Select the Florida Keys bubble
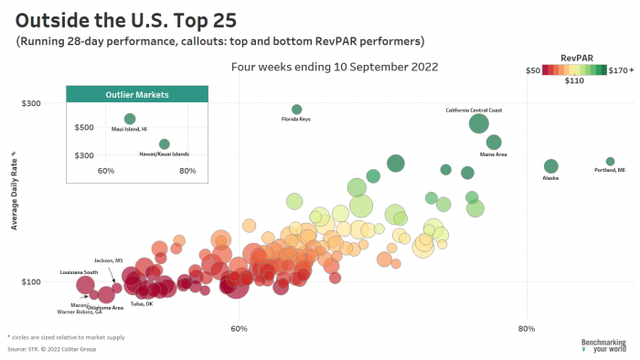pos(296,110)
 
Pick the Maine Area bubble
pos(494,143)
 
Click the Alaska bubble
pos(550,166)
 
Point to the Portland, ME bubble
pos(610,162)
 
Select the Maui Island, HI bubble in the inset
pos(130,119)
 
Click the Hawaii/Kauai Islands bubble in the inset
pos(165,144)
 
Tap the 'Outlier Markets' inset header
pos(137,95)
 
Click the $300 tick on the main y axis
pos(31,103)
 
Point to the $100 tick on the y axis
pos(31,281)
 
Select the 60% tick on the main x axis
pos(239,328)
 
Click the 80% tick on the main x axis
pos(527,328)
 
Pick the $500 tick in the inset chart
pos(84,128)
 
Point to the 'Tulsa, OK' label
pos(142,303)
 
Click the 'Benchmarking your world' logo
pos(603,345)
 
